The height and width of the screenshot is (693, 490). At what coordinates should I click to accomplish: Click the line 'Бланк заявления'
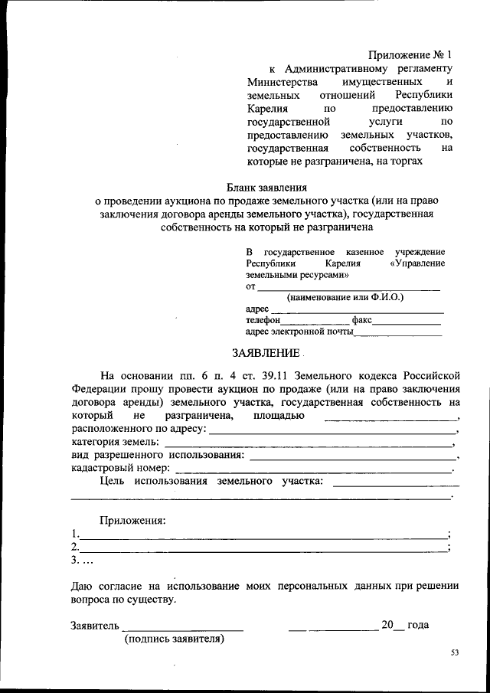click(x=266, y=187)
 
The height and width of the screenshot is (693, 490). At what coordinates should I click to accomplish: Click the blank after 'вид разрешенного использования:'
click(x=351, y=457)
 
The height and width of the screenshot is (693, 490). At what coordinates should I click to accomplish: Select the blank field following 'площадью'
click(x=390, y=418)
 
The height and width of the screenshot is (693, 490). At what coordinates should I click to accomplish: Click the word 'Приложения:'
click(x=133, y=521)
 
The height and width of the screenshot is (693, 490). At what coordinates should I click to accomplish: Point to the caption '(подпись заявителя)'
click(x=175, y=639)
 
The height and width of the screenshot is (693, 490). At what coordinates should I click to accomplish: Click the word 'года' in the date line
click(x=418, y=625)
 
